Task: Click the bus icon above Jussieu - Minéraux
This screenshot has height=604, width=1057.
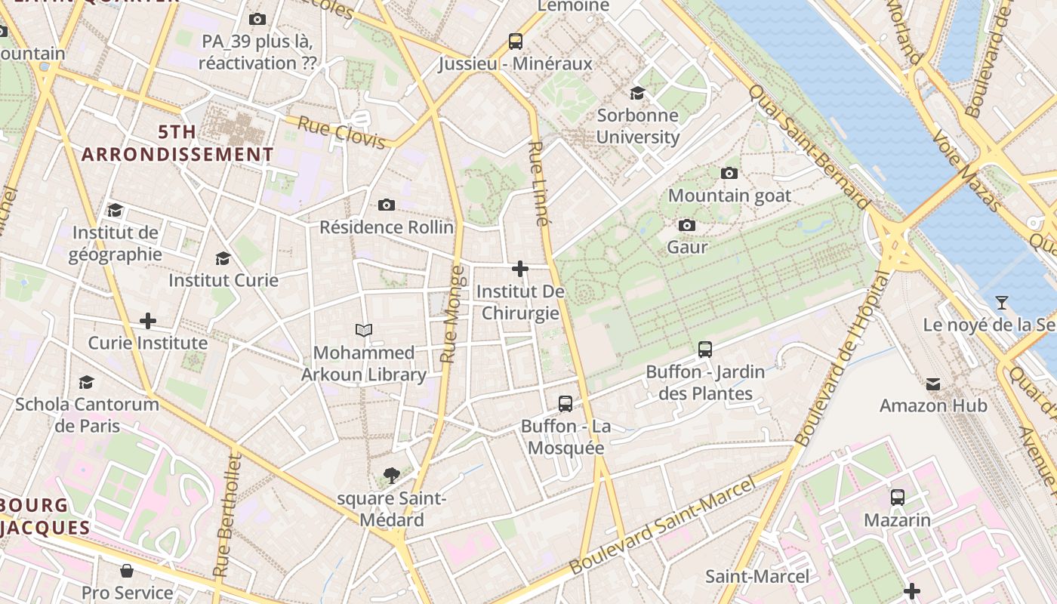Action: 516,41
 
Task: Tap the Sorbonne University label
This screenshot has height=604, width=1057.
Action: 638,126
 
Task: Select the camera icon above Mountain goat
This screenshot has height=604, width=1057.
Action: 729,174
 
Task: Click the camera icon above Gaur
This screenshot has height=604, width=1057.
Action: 687,226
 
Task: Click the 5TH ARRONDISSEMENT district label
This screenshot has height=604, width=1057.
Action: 177,143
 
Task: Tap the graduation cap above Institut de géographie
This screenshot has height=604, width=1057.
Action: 115,211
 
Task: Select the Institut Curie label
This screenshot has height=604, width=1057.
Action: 223,280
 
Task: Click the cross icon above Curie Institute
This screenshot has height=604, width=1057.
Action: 148,322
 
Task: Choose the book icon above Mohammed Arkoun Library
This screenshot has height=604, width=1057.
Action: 364,330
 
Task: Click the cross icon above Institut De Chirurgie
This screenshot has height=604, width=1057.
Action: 520,269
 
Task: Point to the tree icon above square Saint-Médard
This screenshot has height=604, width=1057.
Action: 391,476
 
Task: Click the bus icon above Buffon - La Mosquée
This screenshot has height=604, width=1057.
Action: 565,404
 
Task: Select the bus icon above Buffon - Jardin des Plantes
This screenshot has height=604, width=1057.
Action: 705,350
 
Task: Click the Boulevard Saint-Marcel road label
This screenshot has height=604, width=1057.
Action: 663,525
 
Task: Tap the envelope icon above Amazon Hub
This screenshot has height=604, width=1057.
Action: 933,384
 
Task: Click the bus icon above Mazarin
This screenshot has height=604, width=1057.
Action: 898,498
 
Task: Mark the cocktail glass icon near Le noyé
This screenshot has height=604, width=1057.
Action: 1002,303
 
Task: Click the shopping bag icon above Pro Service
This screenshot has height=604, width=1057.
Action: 127,571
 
